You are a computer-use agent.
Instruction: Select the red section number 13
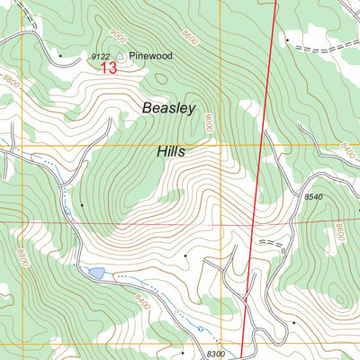coord(108,68)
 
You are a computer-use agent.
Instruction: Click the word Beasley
coord(168,108)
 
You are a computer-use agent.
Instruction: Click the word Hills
coord(168,152)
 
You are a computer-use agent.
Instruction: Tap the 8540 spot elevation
coord(312,196)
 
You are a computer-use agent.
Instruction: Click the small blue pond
coord(95,273)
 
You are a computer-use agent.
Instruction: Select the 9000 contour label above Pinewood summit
coord(119,37)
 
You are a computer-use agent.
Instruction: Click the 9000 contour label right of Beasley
coord(208,123)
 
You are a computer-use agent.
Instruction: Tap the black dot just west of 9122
coord(60,56)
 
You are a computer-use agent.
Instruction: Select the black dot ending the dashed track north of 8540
coord(287,40)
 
